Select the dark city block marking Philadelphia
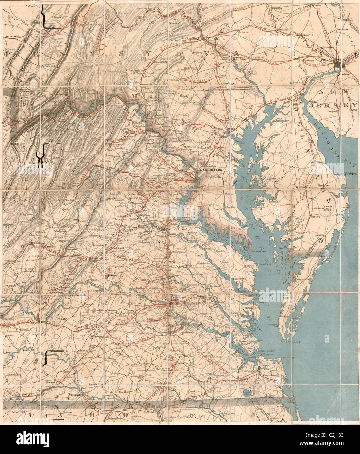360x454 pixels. click(337, 65)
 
